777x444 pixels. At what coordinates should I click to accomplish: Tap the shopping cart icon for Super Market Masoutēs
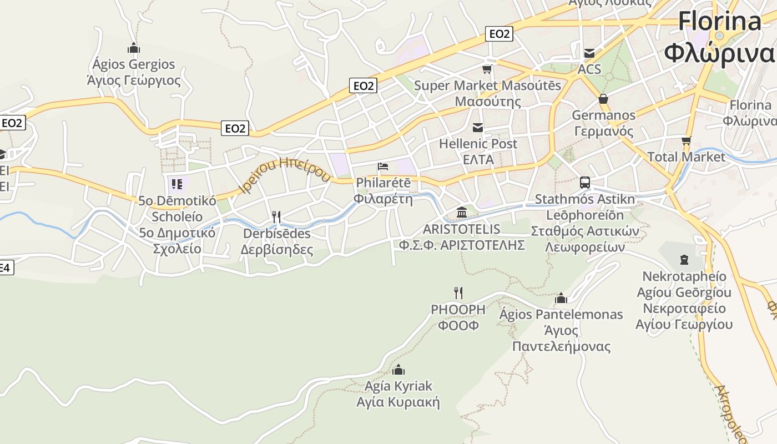pyautogui.click(x=487, y=69)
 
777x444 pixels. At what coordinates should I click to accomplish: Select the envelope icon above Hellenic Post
pyautogui.click(x=477, y=128)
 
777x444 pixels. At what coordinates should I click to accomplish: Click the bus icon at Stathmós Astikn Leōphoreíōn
pyautogui.click(x=584, y=182)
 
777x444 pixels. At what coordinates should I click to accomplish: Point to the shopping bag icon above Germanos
pyautogui.click(x=603, y=99)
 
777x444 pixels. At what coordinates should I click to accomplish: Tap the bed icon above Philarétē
pyautogui.click(x=383, y=167)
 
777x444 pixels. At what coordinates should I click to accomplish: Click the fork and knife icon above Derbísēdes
pyautogui.click(x=276, y=216)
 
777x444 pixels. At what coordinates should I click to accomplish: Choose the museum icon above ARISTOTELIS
pyautogui.click(x=461, y=213)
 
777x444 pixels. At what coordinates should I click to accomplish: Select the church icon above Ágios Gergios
pyautogui.click(x=133, y=48)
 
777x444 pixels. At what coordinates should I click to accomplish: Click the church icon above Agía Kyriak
pyautogui.click(x=398, y=370)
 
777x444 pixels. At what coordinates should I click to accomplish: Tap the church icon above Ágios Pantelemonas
pyautogui.click(x=561, y=298)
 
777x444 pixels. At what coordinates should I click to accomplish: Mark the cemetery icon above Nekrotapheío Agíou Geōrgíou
pyautogui.click(x=684, y=259)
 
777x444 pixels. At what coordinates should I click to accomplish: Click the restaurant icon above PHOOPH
pyautogui.click(x=458, y=292)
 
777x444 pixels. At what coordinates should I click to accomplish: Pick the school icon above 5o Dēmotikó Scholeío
pyautogui.click(x=177, y=184)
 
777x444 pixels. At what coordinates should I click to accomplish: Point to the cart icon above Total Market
pyautogui.click(x=686, y=140)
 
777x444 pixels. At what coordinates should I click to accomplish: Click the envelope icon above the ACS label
pyautogui.click(x=589, y=53)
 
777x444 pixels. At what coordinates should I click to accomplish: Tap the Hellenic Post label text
pyautogui.click(x=478, y=144)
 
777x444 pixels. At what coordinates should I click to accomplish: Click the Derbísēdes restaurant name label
pyautogui.click(x=276, y=234)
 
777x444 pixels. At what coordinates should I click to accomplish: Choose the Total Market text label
pyautogui.click(x=687, y=157)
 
